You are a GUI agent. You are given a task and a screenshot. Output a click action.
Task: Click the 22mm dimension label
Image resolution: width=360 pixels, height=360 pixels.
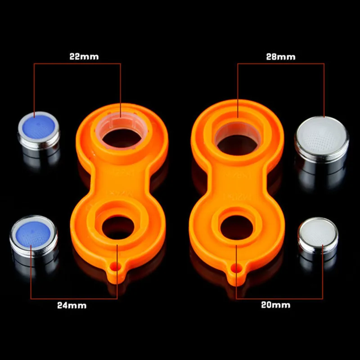tap(84, 57)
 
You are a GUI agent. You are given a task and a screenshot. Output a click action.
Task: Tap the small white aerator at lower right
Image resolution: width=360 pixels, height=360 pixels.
tap(318, 238)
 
